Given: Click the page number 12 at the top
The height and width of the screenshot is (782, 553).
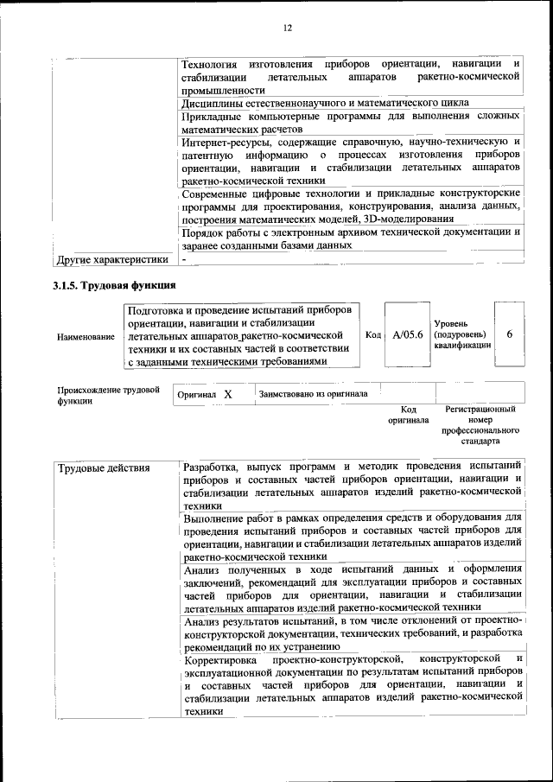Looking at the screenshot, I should [x=288, y=28].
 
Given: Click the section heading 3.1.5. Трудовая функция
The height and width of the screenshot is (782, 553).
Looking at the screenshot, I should [x=114, y=286].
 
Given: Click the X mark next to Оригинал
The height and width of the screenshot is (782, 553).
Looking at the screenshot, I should [x=228, y=394].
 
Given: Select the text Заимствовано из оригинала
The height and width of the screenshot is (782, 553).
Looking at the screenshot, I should [x=313, y=394].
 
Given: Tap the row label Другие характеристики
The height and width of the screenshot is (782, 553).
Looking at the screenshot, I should [x=111, y=258].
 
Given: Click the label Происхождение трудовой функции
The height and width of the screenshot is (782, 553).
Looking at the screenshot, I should [x=109, y=395].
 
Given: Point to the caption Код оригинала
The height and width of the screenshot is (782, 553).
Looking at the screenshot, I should [x=408, y=414].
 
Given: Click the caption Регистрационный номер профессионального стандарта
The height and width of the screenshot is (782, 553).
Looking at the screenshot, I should [x=480, y=424].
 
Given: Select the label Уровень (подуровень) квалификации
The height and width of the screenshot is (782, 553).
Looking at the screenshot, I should [x=462, y=334].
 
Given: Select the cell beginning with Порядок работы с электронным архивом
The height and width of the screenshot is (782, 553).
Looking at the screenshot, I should [x=351, y=238].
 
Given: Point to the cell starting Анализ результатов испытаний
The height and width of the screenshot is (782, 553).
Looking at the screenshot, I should [x=351, y=633].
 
